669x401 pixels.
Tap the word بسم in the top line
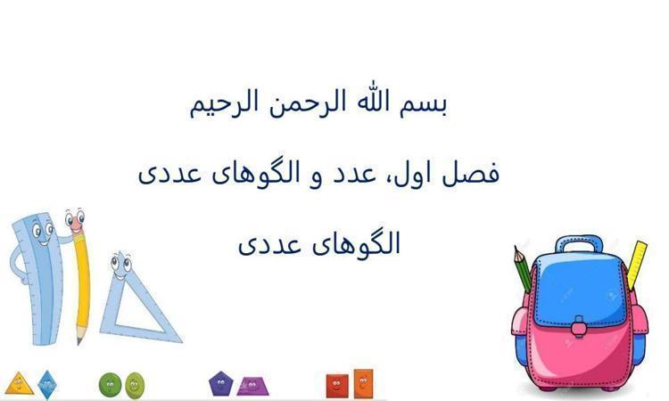point(423,104)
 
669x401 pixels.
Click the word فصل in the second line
point(470,173)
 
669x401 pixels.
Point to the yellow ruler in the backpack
point(636,265)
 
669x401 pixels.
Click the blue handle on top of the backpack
point(580,244)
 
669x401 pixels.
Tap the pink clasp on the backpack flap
point(579,327)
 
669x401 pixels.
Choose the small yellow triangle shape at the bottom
point(19,384)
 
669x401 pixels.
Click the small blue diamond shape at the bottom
point(47,385)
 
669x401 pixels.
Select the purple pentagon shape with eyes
point(220,383)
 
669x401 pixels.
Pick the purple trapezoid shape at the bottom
point(252,387)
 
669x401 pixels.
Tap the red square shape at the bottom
point(337,385)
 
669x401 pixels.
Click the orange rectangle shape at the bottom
point(363,383)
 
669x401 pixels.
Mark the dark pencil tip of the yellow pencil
point(79,341)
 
